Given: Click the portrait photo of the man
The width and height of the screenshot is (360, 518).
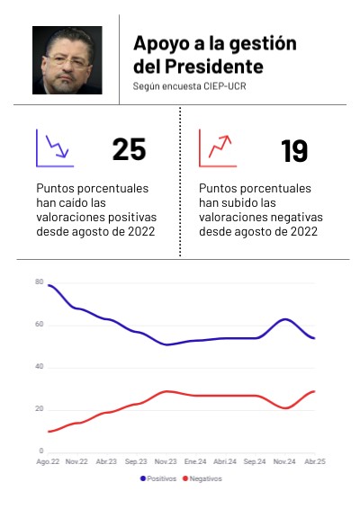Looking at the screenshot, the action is pos(67,60).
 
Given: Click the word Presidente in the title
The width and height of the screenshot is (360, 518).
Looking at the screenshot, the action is pos(214,67).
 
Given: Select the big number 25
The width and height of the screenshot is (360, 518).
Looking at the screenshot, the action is pos(129,149).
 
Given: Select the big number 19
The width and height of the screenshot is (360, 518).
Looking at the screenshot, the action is pos(294,151).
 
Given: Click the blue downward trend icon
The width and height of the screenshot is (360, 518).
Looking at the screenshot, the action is pos(55,148).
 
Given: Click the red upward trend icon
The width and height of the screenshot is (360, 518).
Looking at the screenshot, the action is pos(218,148).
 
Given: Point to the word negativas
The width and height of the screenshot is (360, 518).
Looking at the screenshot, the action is pos(296,218).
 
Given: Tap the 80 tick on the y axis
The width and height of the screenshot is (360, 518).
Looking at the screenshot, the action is pos(39,281).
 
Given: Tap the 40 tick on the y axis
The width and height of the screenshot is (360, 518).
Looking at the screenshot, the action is pos(39,366).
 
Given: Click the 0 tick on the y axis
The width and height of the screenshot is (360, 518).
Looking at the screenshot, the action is pos(41,451).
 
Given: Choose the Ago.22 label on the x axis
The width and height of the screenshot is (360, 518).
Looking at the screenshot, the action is pos(48,461).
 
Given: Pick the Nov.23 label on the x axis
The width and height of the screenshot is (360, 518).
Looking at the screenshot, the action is pos(166,461).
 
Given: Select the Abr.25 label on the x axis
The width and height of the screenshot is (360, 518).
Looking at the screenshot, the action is pos(315,461).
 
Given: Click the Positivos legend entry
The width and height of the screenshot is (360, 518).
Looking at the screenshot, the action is pos(158,478).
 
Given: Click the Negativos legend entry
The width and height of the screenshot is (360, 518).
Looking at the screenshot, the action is pos(202,478).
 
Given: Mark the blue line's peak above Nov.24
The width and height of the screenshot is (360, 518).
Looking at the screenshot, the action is pos(285,319).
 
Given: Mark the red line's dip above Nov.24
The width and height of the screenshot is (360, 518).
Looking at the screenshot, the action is pos(285,408).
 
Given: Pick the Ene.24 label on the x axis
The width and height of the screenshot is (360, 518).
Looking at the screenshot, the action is pos(195,461).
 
